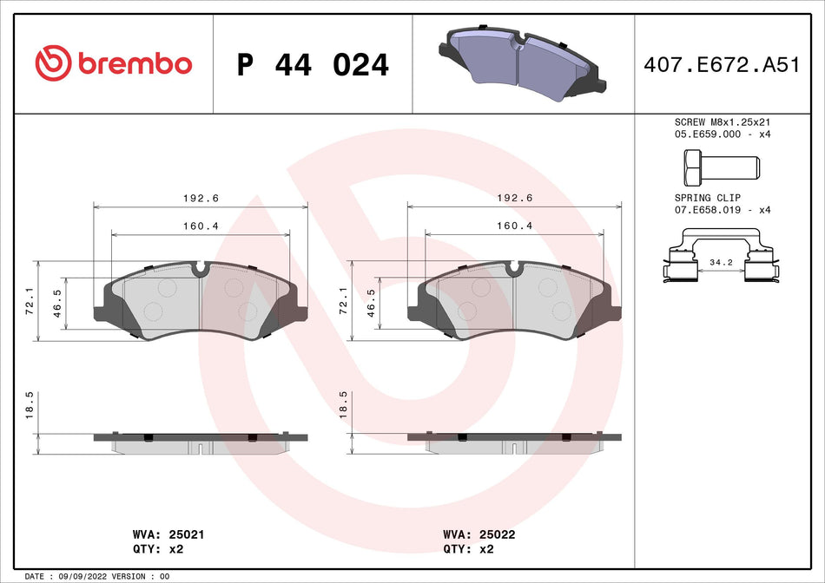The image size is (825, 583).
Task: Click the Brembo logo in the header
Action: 113,63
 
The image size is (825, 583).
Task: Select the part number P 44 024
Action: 313,65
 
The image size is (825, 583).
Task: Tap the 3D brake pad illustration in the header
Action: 521,61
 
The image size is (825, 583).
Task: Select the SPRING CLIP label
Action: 709,198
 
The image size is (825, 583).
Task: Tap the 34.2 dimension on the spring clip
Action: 721,261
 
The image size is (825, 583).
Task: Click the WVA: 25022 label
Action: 479,534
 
